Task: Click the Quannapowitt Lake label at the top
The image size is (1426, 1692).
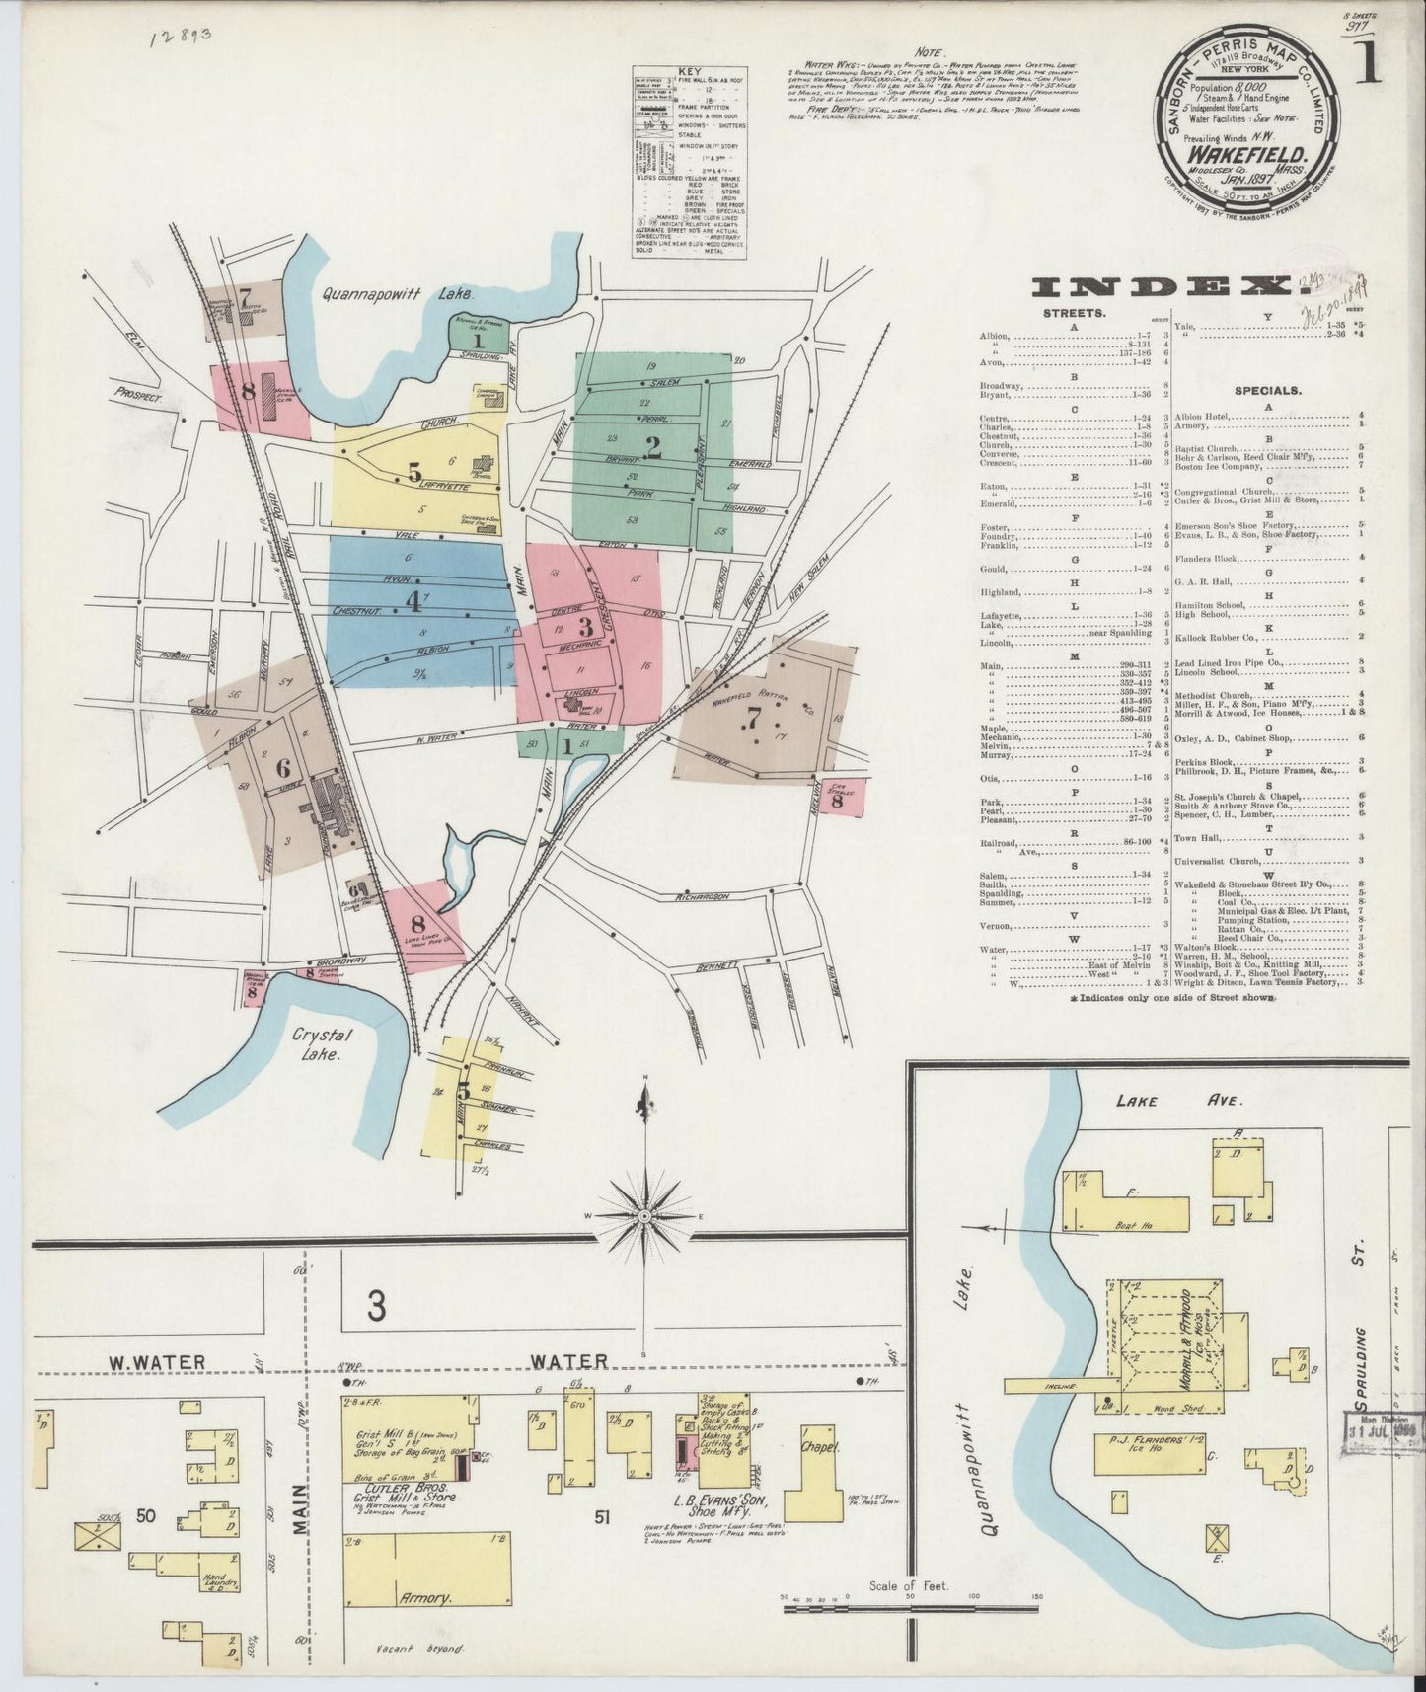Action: pyautogui.click(x=397, y=294)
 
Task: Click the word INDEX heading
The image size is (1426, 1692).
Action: pyautogui.click(x=1163, y=287)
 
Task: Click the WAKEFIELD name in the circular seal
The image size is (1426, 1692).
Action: pyautogui.click(x=1248, y=155)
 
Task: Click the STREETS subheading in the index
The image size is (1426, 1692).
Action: pyautogui.click(x=1073, y=313)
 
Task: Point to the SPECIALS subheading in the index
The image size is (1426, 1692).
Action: pyautogui.click(x=1267, y=390)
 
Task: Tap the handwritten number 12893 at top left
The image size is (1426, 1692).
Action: pyautogui.click(x=182, y=37)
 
